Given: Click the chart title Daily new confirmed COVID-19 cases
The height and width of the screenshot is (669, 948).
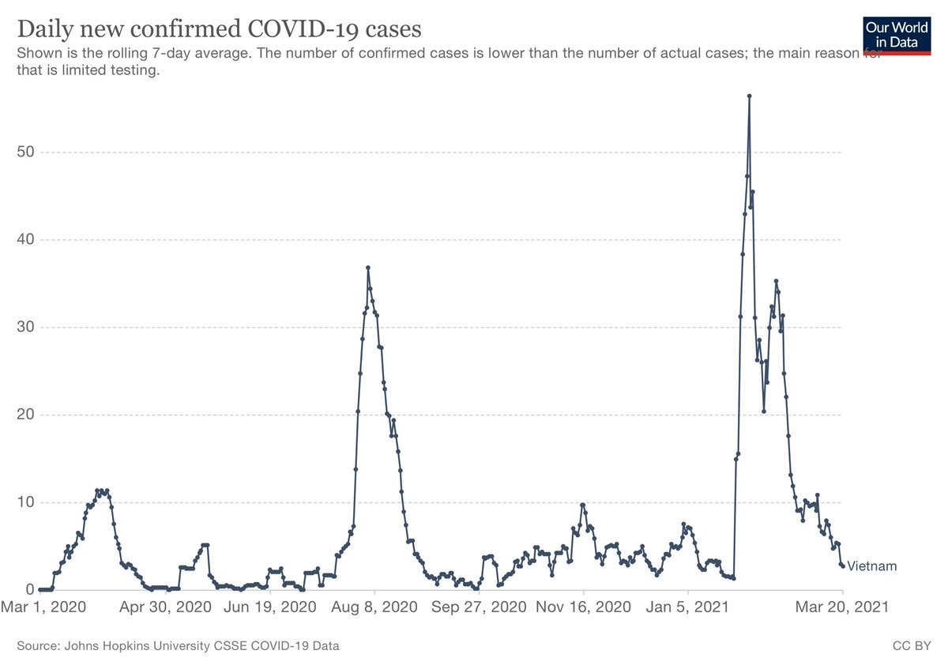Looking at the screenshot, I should tap(219, 29).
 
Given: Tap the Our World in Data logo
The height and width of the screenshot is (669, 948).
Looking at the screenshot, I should tap(897, 35).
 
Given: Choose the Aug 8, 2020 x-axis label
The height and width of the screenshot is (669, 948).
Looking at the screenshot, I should tap(375, 608).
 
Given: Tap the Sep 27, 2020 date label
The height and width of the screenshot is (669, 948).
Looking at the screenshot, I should tap(479, 608).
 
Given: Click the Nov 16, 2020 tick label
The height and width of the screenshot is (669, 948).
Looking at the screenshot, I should tap(583, 608).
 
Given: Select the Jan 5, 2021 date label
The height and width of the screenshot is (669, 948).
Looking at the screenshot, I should tap(688, 608).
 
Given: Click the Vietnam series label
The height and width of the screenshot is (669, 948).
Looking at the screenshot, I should tap(871, 566).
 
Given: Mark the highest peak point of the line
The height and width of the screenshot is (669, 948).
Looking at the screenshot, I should tap(749, 96).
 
